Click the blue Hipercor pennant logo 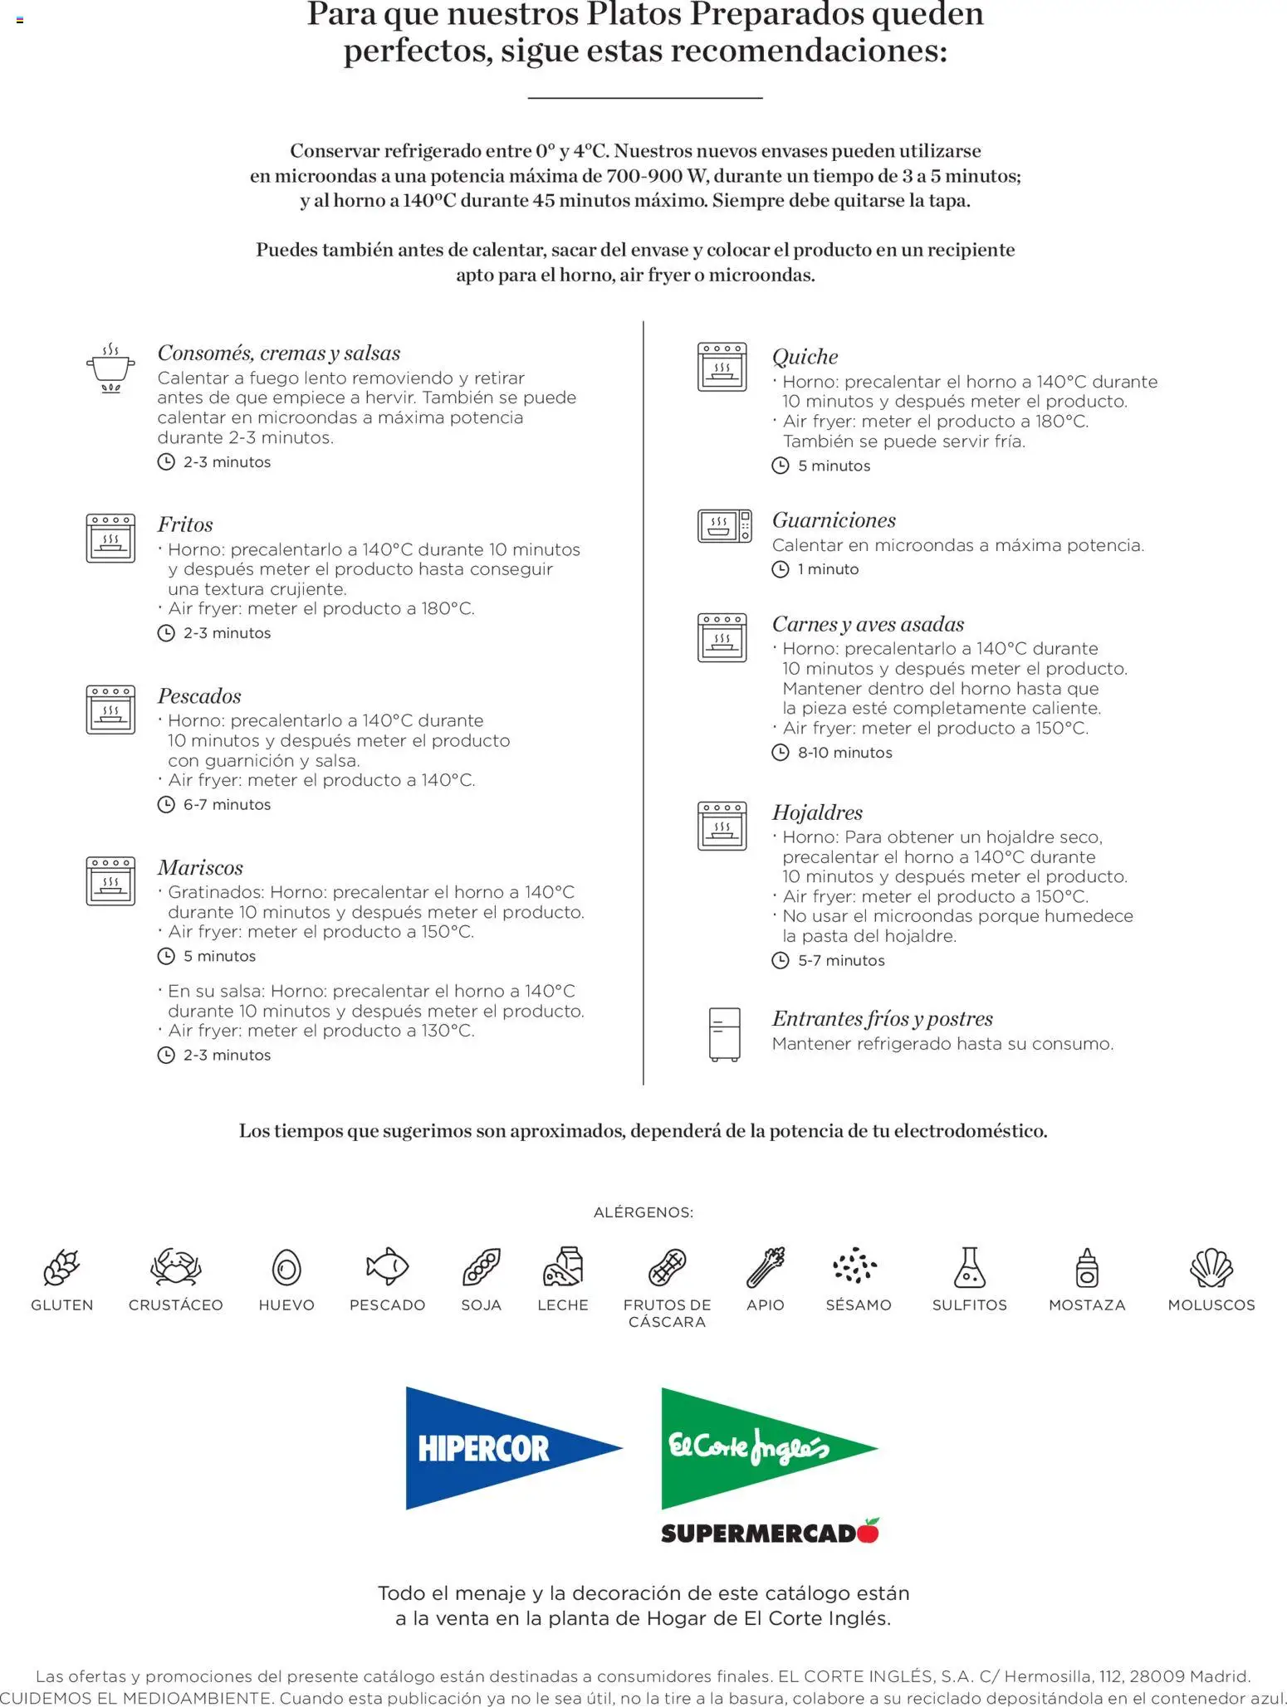tap(498, 1448)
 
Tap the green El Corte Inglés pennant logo tap(756, 1448)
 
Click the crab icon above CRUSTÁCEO tap(175, 1267)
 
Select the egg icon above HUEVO tap(286, 1268)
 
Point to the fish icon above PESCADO tap(387, 1267)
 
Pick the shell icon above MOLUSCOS tap(1211, 1267)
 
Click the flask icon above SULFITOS tap(969, 1267)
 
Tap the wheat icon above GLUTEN tap(61, 1267)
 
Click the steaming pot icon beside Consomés tap(110, 368)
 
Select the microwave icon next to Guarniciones tap(724, 526)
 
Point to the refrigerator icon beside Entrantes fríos tap(724, 1034)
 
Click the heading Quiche tap(805, 357)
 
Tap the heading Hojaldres tap(817, 812)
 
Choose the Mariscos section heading tap(200, 868)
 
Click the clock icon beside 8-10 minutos tap(781, 753)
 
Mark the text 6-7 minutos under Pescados tap(227, 805)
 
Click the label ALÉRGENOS tap(643, 1212)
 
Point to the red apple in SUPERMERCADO tap(869, 1530)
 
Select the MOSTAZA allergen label tap(1086, 1305)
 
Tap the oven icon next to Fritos tap(110, 538)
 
